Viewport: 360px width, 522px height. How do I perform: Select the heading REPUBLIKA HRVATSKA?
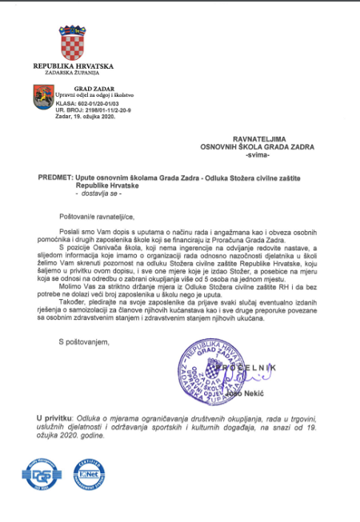[x=73, y=66]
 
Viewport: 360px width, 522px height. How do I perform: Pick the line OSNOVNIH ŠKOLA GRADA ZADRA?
[x=258, y=146]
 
